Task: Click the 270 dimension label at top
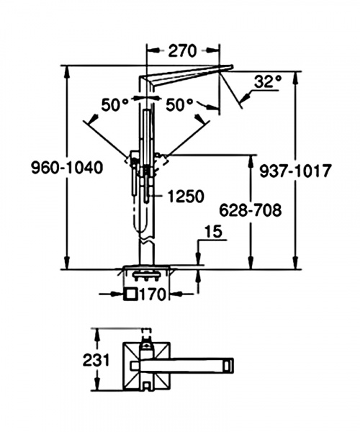pyautogui.click(x=183, y=50)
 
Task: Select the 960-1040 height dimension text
pyautogui.click(x=67, y=168)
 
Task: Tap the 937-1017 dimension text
pyautogui.click(x=294, y=171)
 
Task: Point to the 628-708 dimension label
pyautogui.click(x=251, y=210)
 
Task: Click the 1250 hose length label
pyautogui.click(x=186, y=196)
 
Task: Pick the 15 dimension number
pyautogui.click(x=213, y=232)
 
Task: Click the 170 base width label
pyautogui.click(x=153, y=294)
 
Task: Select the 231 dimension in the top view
pyautogui.click(x=96, y=360)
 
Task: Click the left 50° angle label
pyautogui.click(x=115, y=104)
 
